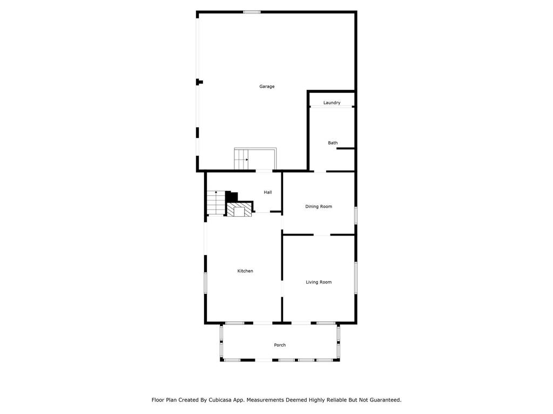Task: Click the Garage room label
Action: coord(267,86)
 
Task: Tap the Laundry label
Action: coord(332,103)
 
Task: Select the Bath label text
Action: coord(333,142)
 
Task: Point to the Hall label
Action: coord(268,192)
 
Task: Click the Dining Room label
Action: coord(319,206)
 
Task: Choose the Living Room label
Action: coord(319,282)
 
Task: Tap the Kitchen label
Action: coord(245,271)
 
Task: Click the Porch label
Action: coord(280,345)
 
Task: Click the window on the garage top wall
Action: coord(252,12)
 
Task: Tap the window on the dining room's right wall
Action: coord(356,215)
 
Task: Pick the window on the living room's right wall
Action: coord(356,278)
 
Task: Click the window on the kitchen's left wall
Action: coord(205,282)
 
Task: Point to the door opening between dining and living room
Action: coord(322,235)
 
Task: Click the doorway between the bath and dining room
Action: coord(320,171)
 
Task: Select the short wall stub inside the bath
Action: coord(345,149)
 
